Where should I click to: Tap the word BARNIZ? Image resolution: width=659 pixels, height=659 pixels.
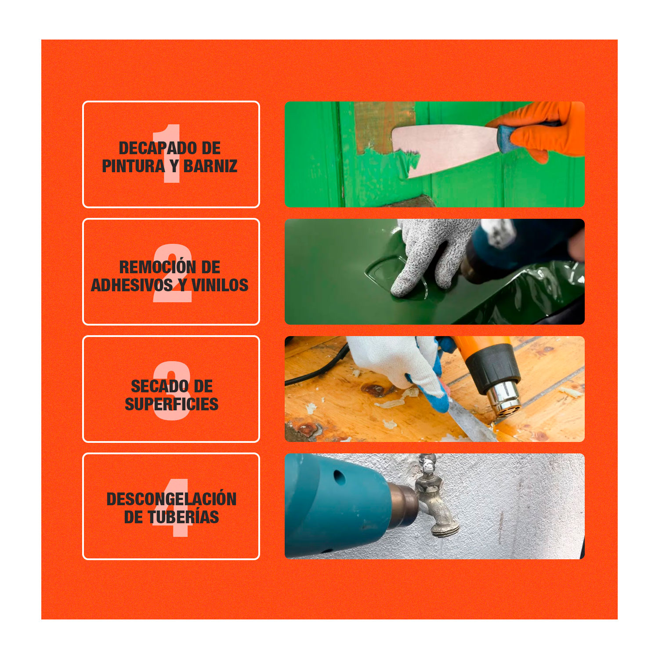pos(210,166)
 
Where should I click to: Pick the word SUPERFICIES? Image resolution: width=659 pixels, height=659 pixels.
pos(171,404)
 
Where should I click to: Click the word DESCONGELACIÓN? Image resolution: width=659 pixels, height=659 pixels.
pos(171,499)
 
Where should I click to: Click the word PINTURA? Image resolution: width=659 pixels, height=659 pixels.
pos(134,166)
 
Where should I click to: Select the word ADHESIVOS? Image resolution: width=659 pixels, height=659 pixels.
pos(132,285)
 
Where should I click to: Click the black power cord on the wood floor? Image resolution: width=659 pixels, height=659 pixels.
pos(314,371)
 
